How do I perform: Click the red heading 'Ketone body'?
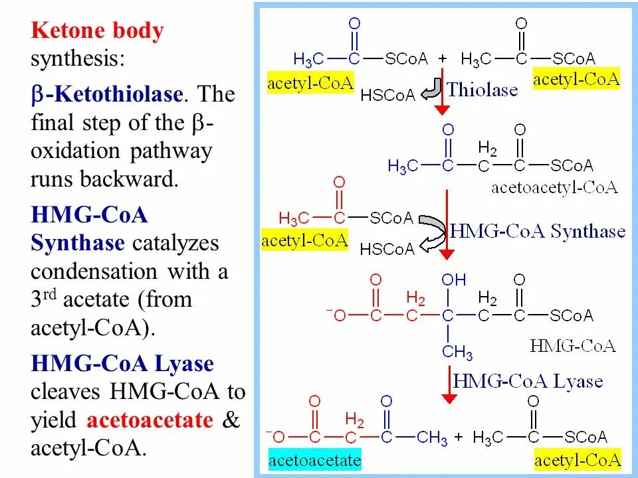pos(97,31)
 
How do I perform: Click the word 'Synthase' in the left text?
pos(78,243)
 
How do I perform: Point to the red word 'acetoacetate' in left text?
pos(150,420)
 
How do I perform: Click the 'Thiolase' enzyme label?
pos(482,90)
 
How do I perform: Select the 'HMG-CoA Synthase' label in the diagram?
pos(538,231)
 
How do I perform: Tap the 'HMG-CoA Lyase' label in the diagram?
pos(528,381)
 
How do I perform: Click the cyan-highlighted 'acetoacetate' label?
pos(314,460)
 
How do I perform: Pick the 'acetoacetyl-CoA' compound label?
pos(554,187)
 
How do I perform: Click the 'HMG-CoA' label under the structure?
pos(573,346)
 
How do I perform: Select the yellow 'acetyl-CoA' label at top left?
pos(310,83)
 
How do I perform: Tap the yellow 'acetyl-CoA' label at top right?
pos(576,80)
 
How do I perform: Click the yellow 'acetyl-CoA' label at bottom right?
pos(578,460)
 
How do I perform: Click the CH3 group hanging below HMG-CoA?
pos(457,351)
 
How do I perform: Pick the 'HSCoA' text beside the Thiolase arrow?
pos(387,96)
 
